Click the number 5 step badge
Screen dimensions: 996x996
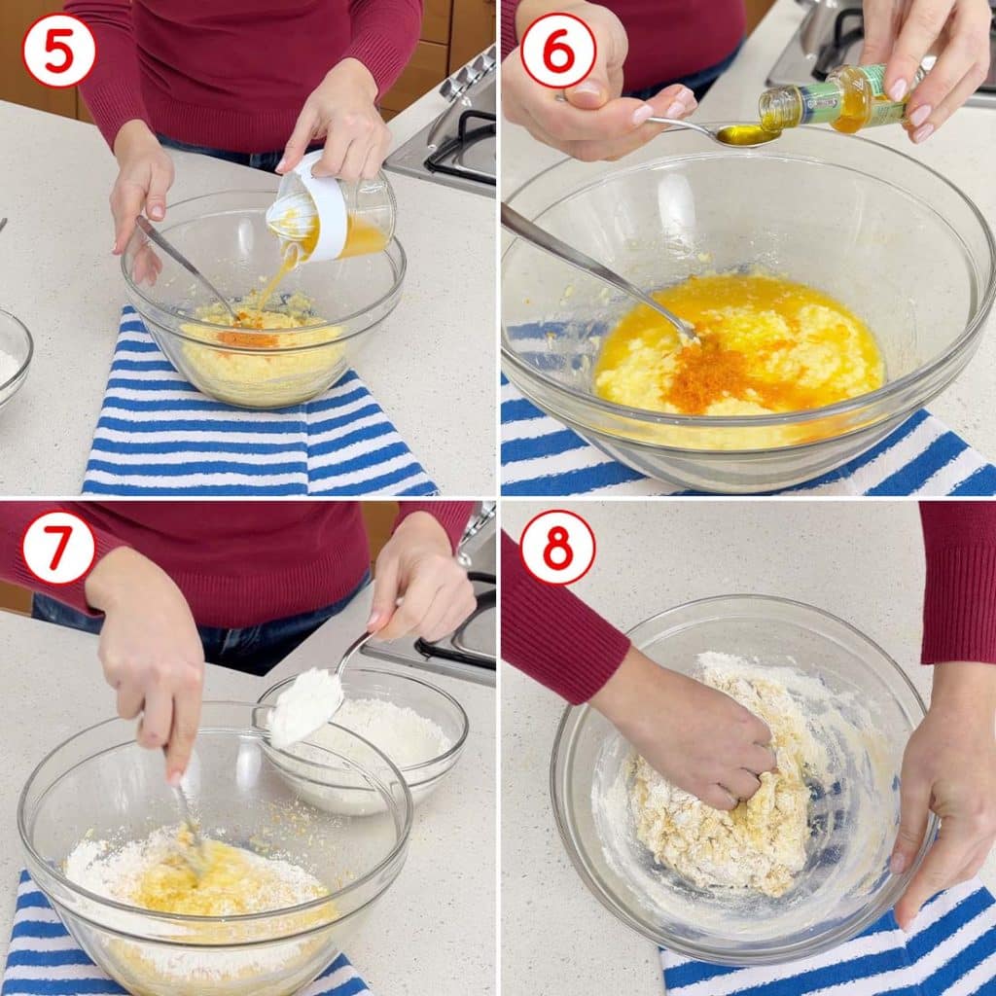pyautogui.click(x=58, y=51)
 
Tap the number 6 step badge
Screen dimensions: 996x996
pyautogui.click(x=557, y=51)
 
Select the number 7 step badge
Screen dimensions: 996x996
pyautogui.click(x=58, y=547)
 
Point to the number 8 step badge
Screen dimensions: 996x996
pyautogui.click(x=557, y=547)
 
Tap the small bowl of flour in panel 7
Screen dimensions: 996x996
pyautogui.click(x=362, y=740)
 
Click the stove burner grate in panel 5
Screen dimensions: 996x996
pyautogui.click(x=460, y=148)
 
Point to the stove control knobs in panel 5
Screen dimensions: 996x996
pyautogui.click(x=468, y=73)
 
